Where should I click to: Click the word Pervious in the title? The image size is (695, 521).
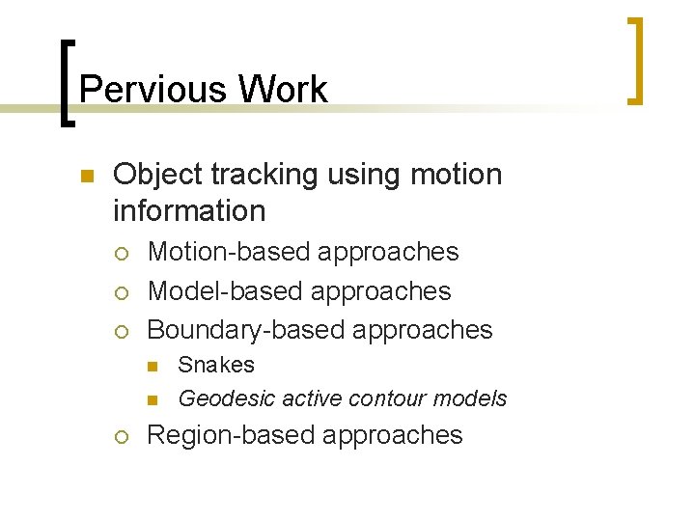tap(153, 90)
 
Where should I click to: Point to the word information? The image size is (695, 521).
tap(189, 210)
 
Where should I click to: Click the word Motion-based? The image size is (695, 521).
tap(229, 252)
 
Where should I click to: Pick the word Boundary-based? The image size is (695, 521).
tap(246, 330)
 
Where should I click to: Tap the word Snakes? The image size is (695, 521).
tap(217, 366)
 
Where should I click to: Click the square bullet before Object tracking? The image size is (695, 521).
tap(85, 176)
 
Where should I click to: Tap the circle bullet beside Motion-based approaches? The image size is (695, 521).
tap(121, 253)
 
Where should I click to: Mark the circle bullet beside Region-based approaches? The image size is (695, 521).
tap(121, 436)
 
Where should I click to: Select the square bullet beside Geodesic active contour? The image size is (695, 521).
tap(153, 399)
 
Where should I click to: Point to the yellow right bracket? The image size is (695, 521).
tap(634, 60)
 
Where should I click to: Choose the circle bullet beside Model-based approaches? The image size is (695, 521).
tap(121, 291)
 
